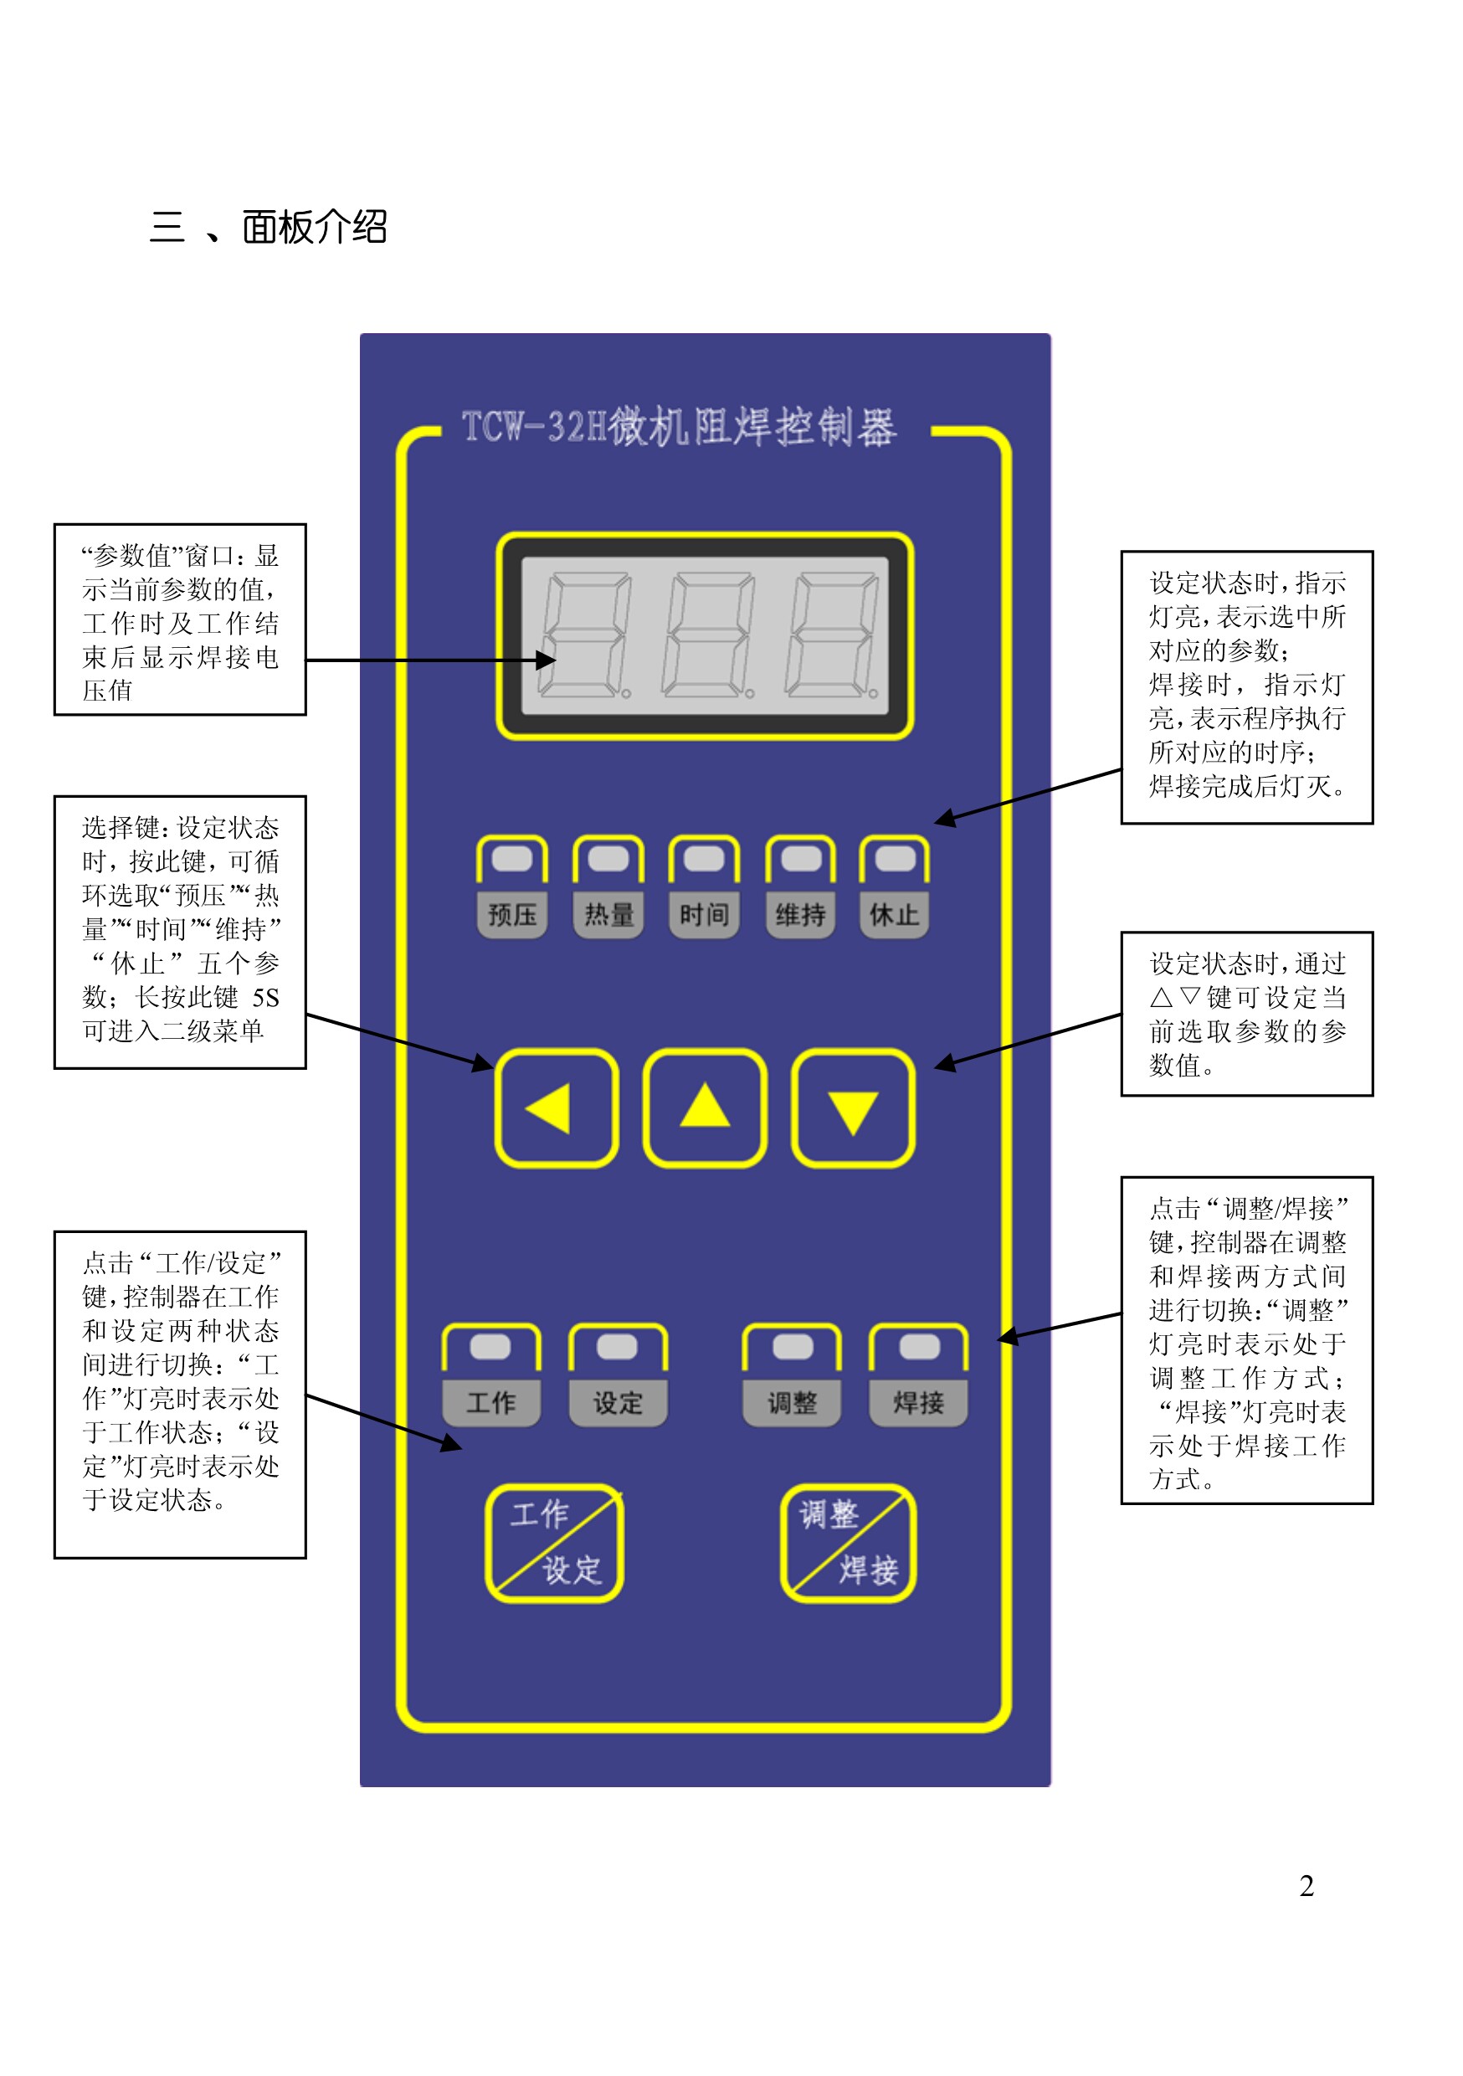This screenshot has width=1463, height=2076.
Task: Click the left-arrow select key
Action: point(556,1107)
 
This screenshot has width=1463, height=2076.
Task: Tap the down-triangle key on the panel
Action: point(853,1107)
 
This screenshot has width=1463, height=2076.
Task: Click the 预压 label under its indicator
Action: point(511,914)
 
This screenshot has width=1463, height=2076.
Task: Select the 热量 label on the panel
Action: point(608,914)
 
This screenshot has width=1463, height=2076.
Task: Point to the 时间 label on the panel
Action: point(705,914)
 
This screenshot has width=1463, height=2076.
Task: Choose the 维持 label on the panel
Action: point(800,914)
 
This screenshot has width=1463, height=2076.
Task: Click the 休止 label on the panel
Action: point(894,914)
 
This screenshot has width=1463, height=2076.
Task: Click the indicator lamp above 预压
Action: point(511,858)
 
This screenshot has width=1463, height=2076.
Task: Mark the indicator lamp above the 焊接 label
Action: point(919,1346)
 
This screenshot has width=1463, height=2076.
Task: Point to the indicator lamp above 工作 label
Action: point(491,1346)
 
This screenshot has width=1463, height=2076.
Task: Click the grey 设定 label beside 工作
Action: point(618,1402)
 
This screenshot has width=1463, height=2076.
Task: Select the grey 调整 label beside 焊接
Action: point(792,1402)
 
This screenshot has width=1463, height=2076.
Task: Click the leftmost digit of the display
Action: point(584,635)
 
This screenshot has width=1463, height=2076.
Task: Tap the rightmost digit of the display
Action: point(832,635)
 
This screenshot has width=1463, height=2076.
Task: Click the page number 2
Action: point(1306,1885)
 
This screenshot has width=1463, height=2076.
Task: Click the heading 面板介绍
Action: point(314,227)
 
